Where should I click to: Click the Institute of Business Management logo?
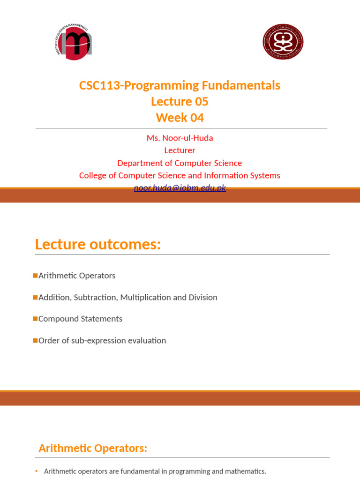click(74, 42)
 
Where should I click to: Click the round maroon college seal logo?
click(283, 42)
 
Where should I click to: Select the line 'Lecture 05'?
click(180, 101)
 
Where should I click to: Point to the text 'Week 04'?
click(180, 118)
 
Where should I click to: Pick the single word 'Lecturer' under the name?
click(180, 150)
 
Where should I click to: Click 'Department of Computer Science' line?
click(180, 163)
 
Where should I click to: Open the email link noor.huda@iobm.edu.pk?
click(180, 188)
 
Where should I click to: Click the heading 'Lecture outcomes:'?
click(98, 244)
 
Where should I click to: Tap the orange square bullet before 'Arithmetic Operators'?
click(36, 275)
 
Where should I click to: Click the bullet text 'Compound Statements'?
click(80, 319)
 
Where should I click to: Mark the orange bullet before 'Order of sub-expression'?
click(36, 340)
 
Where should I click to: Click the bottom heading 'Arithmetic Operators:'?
click(93, 448)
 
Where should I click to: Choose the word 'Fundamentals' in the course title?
click(241, 85)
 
